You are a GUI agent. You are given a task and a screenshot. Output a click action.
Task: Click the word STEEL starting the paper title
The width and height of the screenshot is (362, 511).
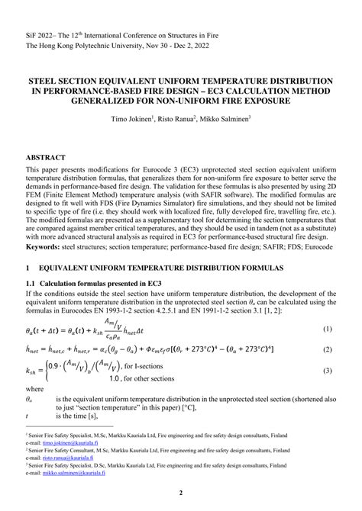(45, 79)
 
